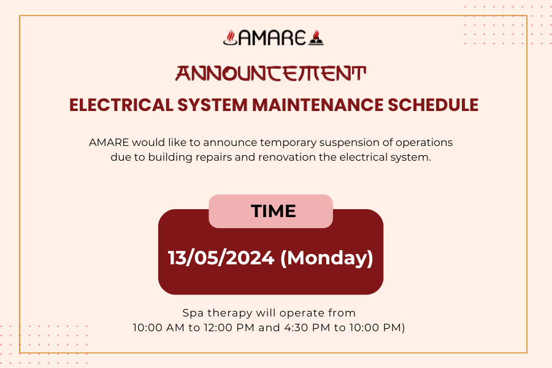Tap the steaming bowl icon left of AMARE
pos(229,38)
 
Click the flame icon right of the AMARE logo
pos(316,38)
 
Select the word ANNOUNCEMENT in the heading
pos(270,74)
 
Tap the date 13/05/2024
pos(221,258)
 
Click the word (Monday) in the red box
pos(326,258)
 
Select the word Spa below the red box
pos(193,313)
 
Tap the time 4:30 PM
pos(306,328)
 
